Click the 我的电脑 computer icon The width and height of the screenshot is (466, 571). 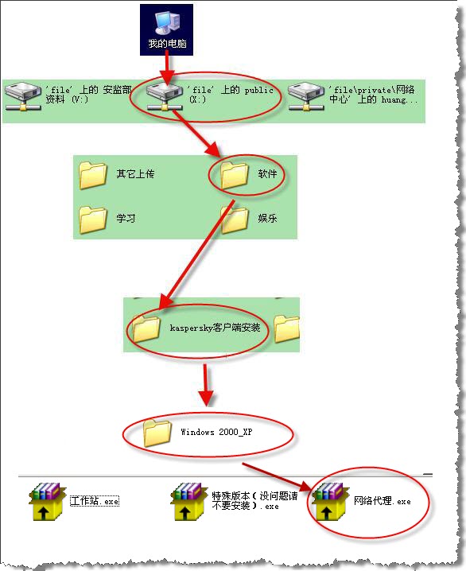(167, 22)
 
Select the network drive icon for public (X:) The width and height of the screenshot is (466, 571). (164, 95)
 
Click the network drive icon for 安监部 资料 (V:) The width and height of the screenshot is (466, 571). (22, 95)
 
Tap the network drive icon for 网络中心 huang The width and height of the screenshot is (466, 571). (306, 95)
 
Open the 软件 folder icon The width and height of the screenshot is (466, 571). (235, 175)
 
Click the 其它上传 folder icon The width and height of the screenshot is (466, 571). (93, 175)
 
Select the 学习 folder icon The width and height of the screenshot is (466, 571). (93, 219)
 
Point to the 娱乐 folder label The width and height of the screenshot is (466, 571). (267, 218)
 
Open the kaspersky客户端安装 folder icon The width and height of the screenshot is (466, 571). (146, 328)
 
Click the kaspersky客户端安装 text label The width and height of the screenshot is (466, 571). (216, 328)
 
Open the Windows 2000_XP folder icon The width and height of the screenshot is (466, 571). (157, 433)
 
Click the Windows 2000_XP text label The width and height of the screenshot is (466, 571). (216, 432)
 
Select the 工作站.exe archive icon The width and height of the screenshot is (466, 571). (47, 502)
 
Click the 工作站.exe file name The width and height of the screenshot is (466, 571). (95, 501)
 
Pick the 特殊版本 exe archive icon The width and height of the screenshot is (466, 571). (188, 502)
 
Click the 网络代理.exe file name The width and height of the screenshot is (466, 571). (383, 501)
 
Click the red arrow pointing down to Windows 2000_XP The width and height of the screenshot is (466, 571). (206, 385)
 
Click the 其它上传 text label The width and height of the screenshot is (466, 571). (135, 173)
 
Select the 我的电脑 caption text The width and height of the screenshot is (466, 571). (167, 44)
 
